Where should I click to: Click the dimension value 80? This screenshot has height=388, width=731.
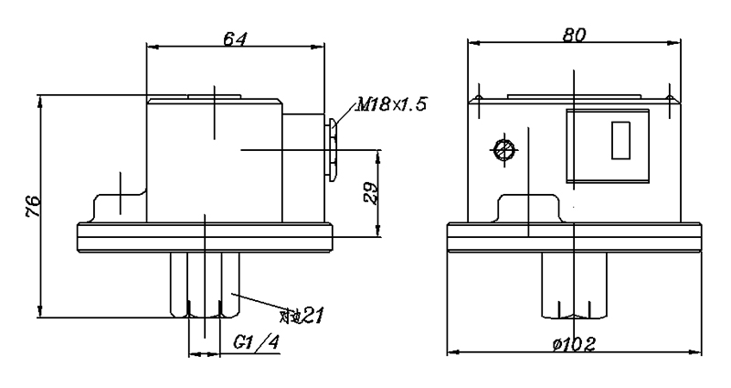click(x=573, y=34)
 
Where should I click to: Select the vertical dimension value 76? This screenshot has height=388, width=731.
click(x=31, y=206)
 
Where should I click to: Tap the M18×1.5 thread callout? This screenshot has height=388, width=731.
click(x=391, y=105)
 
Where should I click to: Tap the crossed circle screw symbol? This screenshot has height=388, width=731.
click(x=502, y=149)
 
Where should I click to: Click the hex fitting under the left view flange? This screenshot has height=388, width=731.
click(x=205, y=284)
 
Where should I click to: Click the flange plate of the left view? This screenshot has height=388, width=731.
click(x=205, y=236)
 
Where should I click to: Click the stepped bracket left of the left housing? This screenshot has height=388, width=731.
click(x=119, y=203)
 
